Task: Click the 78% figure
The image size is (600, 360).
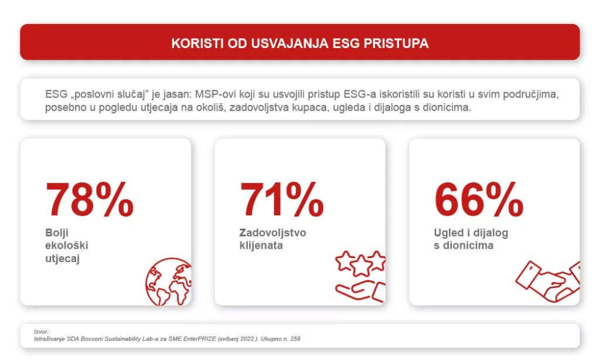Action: coord(90,200)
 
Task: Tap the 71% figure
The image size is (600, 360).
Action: coord(281,200)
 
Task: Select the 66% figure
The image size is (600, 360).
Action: coord(478,200)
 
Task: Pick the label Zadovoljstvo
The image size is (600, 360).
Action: coord(272,233)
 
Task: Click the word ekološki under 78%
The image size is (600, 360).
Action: coord(66,245)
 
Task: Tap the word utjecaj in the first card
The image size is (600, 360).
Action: coord(62,258)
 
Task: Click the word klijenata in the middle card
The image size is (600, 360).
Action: coord(261,245)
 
